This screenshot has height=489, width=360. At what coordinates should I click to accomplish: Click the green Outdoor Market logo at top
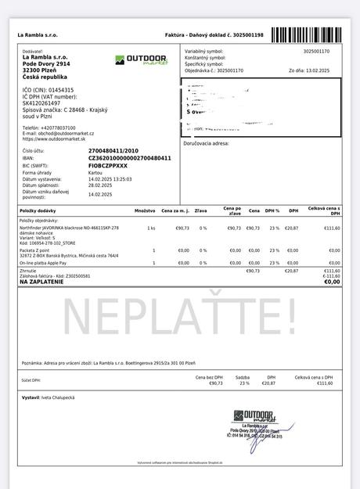pyautogui.click(x=141, y=59)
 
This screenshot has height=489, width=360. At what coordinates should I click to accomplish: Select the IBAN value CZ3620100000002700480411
pyautogui.click(x=129, y=158)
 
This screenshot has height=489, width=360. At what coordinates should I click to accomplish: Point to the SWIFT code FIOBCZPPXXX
pyautogui.click(x=108, y=165)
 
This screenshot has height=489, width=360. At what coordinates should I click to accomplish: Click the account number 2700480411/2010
pyautogui.click(x=113, y=150)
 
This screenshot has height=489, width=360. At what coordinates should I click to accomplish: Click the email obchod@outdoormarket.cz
pyautogui.click(x=63, y=133)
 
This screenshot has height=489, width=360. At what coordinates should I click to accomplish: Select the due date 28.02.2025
pyautogui.click(x=101, y=185)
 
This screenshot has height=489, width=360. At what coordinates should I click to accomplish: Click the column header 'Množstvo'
pyautogui.click(x=144, y=211)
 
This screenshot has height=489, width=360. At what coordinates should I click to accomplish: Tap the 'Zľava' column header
pyautogui.click(x=201, y=211)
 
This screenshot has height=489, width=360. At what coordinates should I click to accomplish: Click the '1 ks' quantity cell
pyautogui.click(x=151, y=228)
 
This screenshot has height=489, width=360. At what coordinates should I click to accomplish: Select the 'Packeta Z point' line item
pyautogui.click(x=35, y=250)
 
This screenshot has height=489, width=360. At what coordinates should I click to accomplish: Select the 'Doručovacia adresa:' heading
pyautogui.click(x=206, y=143)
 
